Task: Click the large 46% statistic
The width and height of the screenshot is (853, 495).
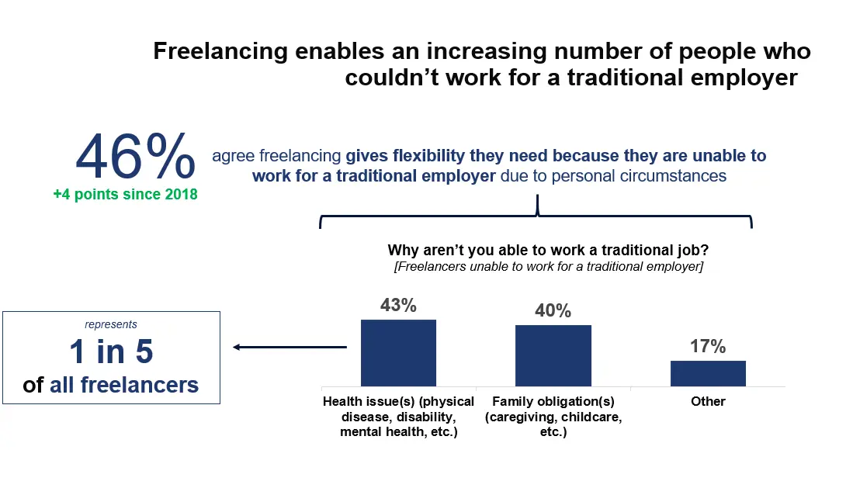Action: tap(135, 157)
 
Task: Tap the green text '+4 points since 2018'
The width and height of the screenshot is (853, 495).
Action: tap(125, 195)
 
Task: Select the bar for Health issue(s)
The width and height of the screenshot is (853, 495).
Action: tap(398, 352)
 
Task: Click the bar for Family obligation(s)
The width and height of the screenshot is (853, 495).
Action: tap(553, 355)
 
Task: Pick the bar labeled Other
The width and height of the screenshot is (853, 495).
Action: tap(708, 373)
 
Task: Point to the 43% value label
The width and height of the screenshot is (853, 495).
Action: tap(398, 305)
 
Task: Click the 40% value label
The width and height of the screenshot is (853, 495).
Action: tap(553, 311)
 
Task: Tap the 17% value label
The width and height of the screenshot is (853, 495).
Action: tap(708, 347)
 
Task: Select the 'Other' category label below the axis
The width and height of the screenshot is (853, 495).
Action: tap(708, 401)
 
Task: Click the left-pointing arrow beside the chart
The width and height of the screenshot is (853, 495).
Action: tap(289, 348)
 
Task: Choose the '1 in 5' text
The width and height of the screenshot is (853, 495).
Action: tap(111, 352)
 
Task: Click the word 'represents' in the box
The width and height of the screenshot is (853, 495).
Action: tap(111, 324)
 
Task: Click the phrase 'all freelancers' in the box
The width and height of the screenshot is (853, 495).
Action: tap(124, 384)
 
